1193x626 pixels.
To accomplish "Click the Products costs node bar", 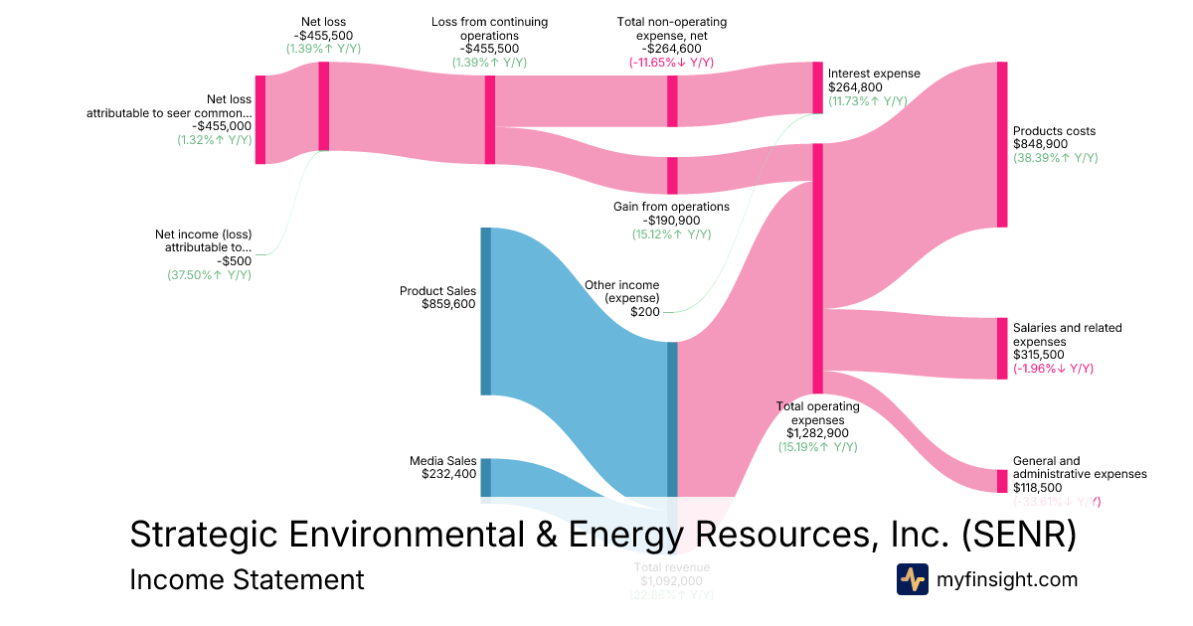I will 1002,144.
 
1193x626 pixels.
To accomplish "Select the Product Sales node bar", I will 486,311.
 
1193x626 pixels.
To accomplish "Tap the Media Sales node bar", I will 486,477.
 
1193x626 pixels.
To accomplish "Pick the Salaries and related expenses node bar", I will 1002,348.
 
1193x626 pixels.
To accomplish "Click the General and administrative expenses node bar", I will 1002,481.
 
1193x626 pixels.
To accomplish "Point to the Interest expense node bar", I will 818,87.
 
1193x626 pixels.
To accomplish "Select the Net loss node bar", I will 323,106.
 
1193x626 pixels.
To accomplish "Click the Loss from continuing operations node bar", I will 490,119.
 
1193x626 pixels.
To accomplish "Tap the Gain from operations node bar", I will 672,175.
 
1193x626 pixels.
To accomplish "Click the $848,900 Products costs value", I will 1040,144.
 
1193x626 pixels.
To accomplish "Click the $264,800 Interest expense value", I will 854,86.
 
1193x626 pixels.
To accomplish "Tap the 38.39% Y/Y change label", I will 1055,158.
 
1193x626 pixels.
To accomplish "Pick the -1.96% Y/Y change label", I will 1053,369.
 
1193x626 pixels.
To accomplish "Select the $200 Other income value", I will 644,311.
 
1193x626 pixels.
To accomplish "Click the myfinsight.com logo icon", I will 912,579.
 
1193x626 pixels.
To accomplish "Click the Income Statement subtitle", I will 247,579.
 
